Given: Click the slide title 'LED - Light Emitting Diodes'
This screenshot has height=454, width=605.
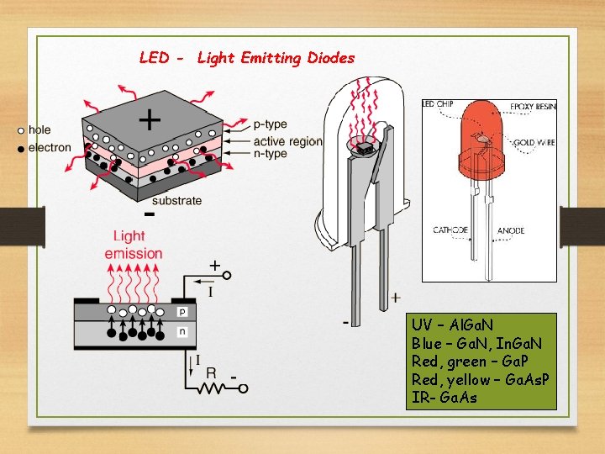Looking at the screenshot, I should [x=247, y=58].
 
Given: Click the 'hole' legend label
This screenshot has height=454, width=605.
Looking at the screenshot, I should [x=39, y=130].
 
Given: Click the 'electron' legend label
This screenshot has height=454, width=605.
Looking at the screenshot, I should [x=50, y=148].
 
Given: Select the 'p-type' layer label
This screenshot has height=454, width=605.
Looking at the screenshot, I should [x=270, y=124].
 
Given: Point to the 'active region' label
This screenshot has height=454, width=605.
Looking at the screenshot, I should [x=287, y=140].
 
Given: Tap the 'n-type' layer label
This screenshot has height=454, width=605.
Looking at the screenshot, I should [x=270, y=153].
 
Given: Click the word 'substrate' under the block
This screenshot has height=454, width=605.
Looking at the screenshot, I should [x=176, y=200].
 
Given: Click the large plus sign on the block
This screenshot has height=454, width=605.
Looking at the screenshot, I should [x=150, y=121].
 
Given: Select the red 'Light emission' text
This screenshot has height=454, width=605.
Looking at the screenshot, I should [x=134, y=245].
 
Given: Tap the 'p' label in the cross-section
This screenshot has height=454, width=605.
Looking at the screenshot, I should [x=183, y=311].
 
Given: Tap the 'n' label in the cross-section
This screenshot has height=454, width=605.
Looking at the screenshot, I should [x=183, y=331].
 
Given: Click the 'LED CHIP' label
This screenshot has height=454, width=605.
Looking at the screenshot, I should [x=438, y=105].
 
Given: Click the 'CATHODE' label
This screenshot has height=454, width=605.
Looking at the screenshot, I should [x=450, y=230].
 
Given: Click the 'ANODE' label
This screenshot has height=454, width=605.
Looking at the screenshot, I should [x=511, y=230].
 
